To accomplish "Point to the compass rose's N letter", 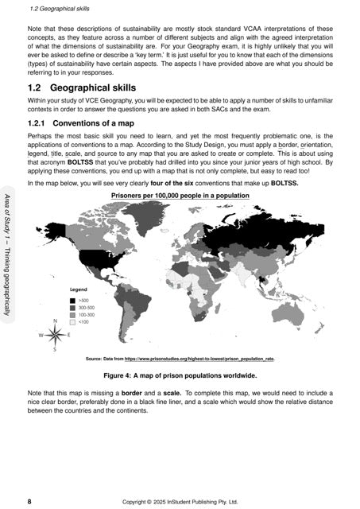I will (x=54, y=321).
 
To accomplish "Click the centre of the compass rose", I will (x=54, y=335).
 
